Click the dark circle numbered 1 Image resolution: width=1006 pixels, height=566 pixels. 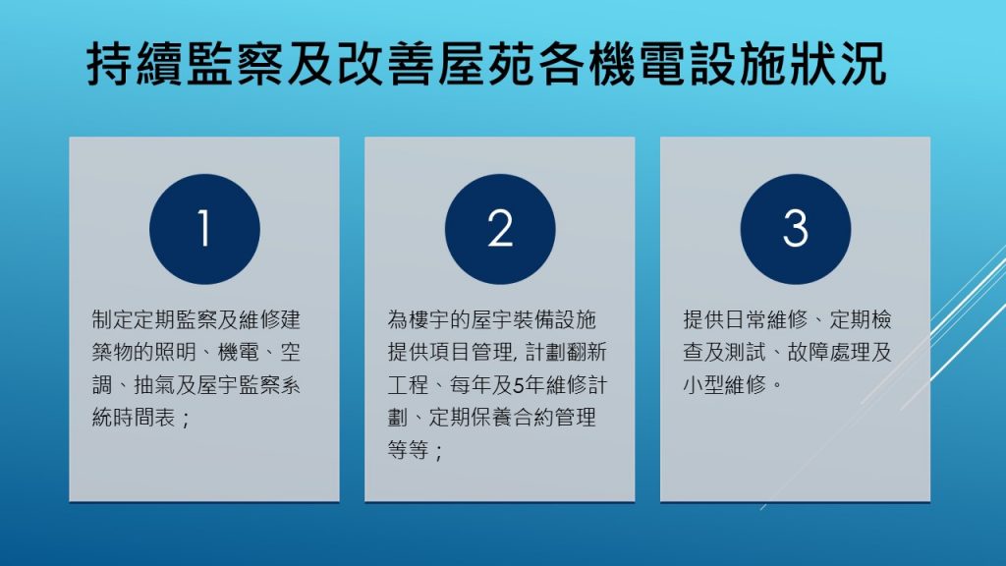[204, 229]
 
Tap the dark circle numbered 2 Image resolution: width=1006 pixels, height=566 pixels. [500, 229]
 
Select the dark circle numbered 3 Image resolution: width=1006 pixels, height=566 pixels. [796, 229]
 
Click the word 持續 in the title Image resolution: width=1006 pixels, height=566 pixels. [136, 64]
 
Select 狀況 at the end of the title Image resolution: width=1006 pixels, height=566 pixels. [837, 64]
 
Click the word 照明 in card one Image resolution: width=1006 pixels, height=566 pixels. [176, 352]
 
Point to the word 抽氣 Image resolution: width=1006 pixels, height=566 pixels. [154, 385]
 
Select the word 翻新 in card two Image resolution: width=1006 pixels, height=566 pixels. [586, 352]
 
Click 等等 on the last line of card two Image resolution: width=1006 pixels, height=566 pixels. [408, 450]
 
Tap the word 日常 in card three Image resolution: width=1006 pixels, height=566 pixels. [746, 319]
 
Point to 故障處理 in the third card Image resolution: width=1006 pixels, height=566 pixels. [829, 352]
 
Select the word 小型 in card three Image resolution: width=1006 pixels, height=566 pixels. [703, 385]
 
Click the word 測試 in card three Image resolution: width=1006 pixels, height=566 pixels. [746, 352]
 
